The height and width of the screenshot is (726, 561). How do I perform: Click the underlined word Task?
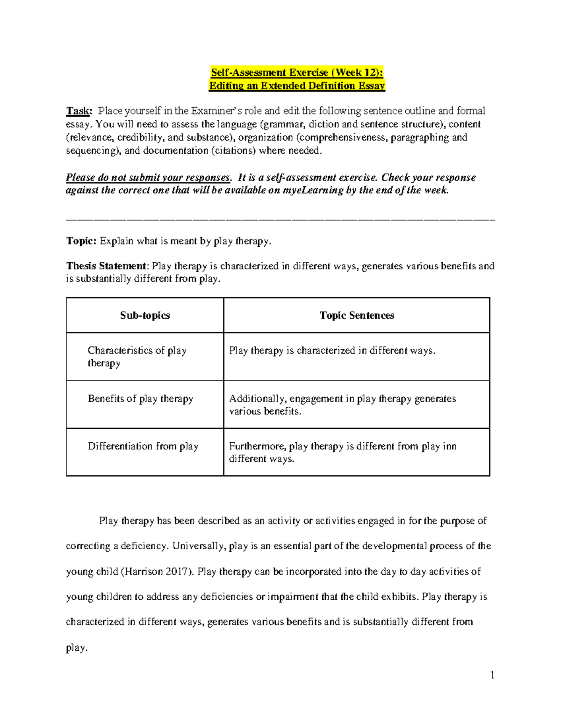pyautogui.click(x=79, y=111)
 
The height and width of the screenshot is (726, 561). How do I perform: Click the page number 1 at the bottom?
pyautogui.click(x=492, y=675)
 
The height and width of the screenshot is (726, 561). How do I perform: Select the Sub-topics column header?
pyautogui.click(x=145, y=316)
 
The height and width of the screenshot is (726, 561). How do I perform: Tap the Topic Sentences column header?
pyautogui.click(x=357, y=316)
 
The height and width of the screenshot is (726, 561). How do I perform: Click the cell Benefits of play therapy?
pyautogui.click(x=140, y=399)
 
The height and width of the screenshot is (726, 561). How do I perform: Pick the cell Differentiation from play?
pyautogui.click(x=143, y=446)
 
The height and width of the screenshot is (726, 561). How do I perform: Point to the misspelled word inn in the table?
pyautogui.click(x=450, y=446)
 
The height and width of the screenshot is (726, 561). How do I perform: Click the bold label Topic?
pyautogui.click(x=81, y=241)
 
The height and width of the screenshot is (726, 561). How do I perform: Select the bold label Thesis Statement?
pyautogui.click(x=107, y=266)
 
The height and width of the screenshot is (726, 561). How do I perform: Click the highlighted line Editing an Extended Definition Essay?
pyautogui.click(x=297, y=86)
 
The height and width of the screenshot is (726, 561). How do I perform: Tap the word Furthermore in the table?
pyautogui.click(x=257, y=446)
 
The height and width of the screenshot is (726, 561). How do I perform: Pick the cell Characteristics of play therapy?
pyautogui.click(x=137, y=357)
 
